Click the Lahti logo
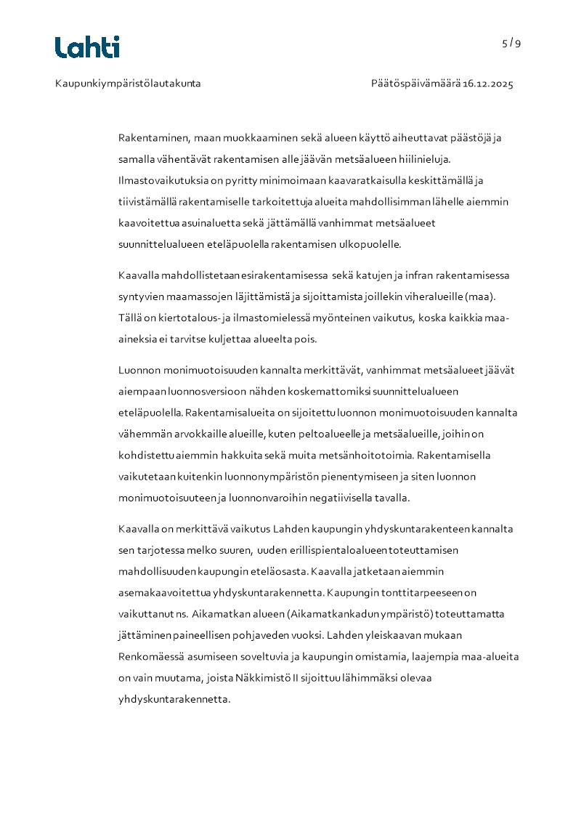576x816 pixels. (87, 47)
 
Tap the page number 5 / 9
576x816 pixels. (511, 43)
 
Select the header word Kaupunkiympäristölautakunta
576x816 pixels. (128, 84)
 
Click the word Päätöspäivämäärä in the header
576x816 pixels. (415, 84)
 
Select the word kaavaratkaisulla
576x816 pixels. (336, 180)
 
